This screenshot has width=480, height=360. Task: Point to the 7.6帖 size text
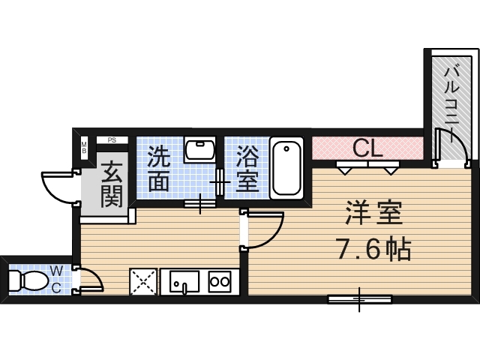pos(373,248)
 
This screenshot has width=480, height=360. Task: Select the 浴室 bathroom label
pos(246,169)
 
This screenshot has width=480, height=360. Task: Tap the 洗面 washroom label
pos(158,169)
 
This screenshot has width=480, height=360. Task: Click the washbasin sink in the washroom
pos(199,151)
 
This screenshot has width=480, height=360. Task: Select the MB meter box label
pos(85,145)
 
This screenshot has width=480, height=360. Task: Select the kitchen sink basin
pos(184,282)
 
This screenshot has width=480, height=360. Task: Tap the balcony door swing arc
pos(455,147)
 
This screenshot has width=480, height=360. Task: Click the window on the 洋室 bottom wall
pos(359,299)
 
